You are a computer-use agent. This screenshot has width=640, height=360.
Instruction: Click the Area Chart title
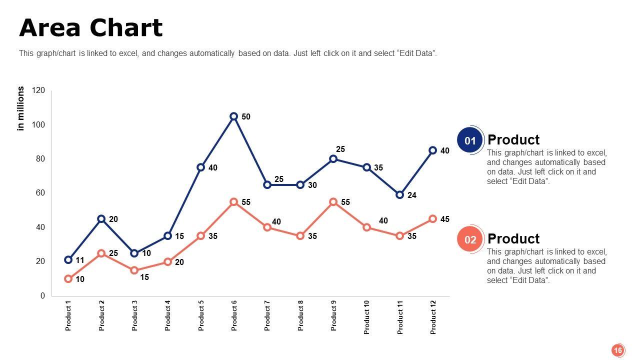click(x=91, y=28)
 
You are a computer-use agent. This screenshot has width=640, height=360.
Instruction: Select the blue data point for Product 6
click(x=233, y=116)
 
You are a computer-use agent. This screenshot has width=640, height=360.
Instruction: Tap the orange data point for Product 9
click(x=333, y=202)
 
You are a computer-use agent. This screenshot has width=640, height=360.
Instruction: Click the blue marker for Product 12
click(x=433, y=150)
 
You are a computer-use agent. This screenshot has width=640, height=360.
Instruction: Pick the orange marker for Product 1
click(x=68, y=279)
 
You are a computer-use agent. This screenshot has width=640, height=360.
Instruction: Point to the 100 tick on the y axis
click(x=38, y=124)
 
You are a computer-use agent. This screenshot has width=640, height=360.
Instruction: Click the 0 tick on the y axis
click(x=42, y=295)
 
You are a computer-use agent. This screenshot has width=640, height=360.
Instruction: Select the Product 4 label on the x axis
click(x=168, y=315)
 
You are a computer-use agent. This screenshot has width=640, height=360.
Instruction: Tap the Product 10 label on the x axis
click(x=367, y=317)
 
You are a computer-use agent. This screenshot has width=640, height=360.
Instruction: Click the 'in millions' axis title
click(x=21, y=108)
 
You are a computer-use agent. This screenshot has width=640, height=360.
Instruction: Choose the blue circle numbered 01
click(x=470, y=140)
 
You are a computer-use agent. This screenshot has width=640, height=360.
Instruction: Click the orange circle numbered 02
click(x=470, y=239)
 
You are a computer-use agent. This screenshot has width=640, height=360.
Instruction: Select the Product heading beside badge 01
click(x=513, y=140)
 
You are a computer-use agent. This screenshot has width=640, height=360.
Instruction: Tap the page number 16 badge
click(x=618, y=350)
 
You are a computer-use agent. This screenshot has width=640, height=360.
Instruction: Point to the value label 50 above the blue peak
click(x=246, y=117)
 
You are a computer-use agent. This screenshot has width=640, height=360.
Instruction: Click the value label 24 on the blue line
click(x=412, y=195)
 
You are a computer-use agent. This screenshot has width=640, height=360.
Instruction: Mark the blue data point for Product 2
click(x=101, y=219)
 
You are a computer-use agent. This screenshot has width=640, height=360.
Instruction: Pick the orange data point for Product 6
click(x=233, y=202)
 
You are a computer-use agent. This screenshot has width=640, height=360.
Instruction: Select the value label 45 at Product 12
click(x=445, y=219)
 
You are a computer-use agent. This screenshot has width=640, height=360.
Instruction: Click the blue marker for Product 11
click(x=399, y=195)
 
